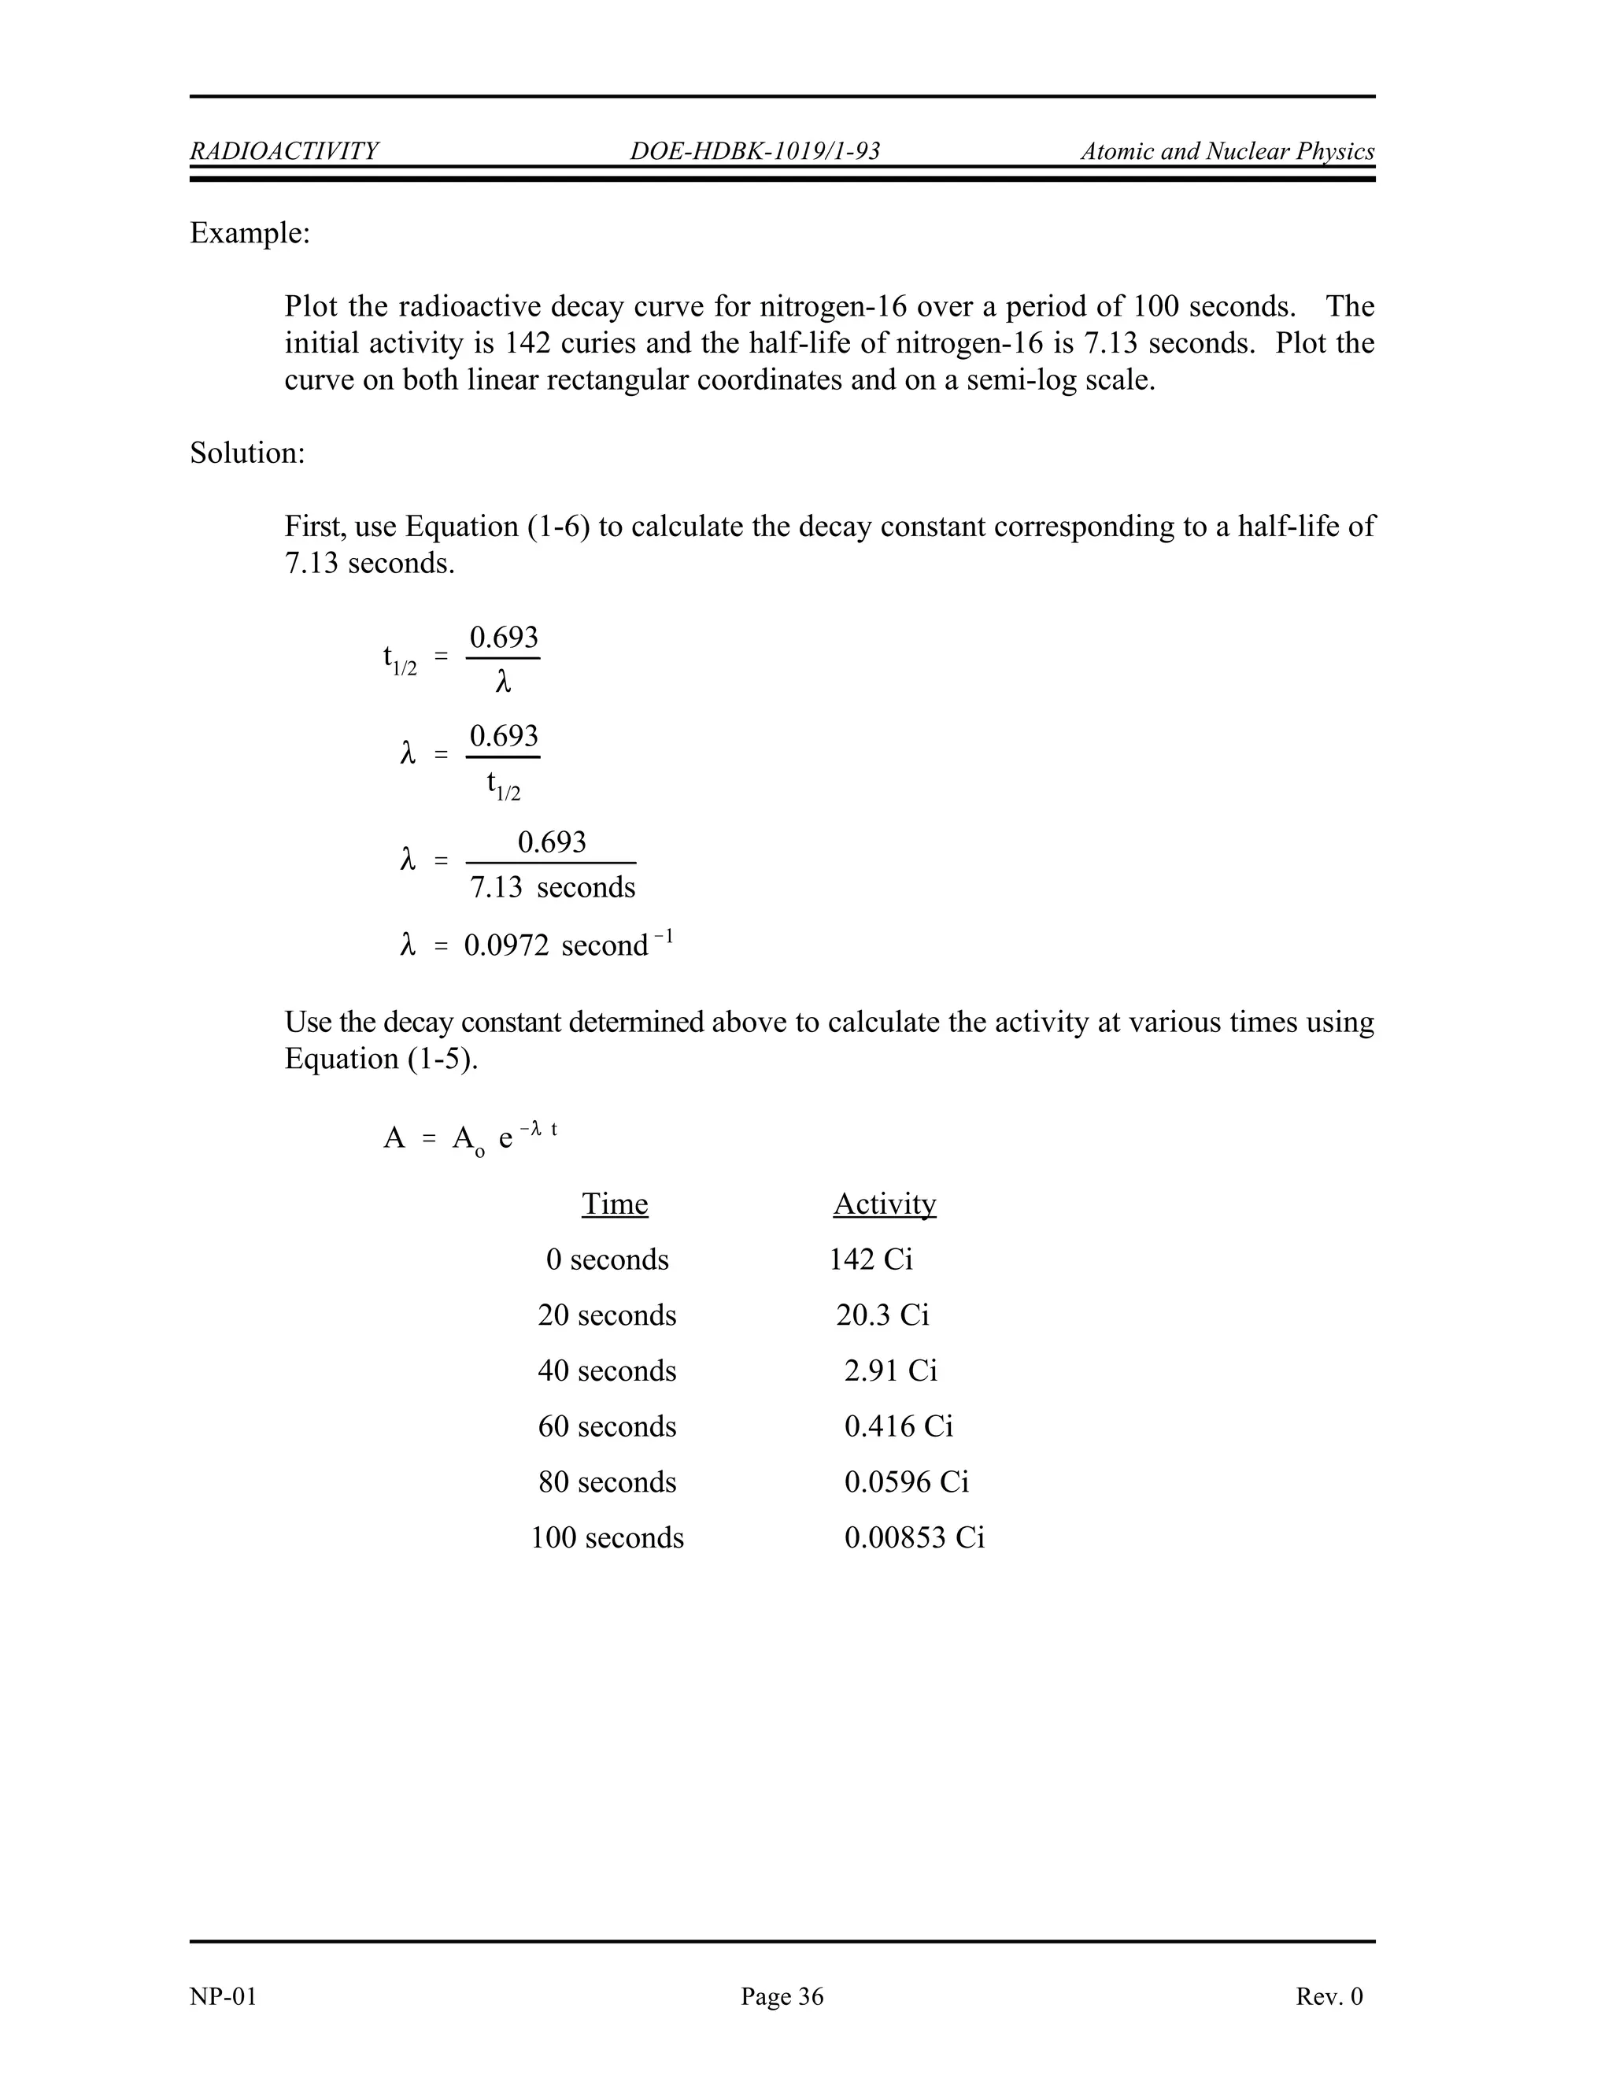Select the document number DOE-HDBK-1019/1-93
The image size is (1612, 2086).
click(x=754, y=151)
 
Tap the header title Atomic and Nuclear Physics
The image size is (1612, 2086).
click(x=1227, y=151)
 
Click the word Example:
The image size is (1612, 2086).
click(x=250, y=233)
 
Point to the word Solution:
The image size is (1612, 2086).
click(x=247, y=453)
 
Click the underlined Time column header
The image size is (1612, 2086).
click(x=615, y=1204)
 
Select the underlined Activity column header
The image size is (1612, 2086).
click(x=884, y=1204)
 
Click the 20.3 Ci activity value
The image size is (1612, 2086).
click(x=882, y=1315)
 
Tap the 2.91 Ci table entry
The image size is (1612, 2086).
click(x=890, y=1370)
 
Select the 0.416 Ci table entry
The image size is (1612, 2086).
click(x=897, y=1426)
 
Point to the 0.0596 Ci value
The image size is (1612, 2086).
click(x=906, y=1481)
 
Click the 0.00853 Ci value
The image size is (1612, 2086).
click(x=914, y=1538)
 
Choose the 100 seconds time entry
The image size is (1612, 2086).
click(x=608, y=1538)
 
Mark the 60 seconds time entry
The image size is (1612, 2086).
click(x=608, y=1426)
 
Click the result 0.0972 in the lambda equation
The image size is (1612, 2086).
click(x=506, y=945)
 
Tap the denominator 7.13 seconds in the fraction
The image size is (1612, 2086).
click(x=552, y=887)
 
